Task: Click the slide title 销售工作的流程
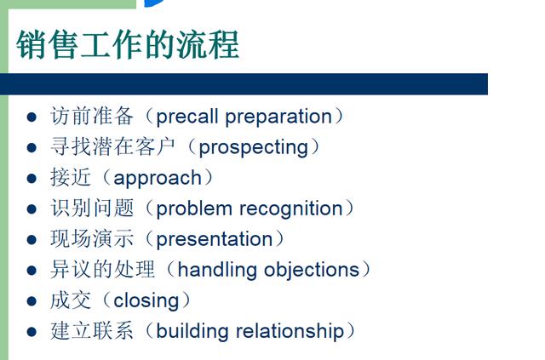click(128, 44)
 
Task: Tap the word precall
click(187, 117)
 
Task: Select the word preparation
click(278, 117)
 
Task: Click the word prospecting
click(254, 147)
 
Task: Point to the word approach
click(158, 178)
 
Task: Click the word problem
click(194, 209)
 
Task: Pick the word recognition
click(291, 209)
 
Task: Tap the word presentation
click(215, 239)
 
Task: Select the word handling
click(217, 270)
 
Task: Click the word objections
click(312, 270)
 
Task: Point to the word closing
click(146, 301)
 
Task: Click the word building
click(192, 331)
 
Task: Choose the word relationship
click(290, 331)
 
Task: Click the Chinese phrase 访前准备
click(92, 116)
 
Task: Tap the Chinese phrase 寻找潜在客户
click(113, 146)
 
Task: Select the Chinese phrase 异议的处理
click(102, 270)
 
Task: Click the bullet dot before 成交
click(32, 301)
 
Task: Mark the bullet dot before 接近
click(32, 178)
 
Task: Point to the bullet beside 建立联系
click(32, 332)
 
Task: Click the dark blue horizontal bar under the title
click(244, 84)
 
